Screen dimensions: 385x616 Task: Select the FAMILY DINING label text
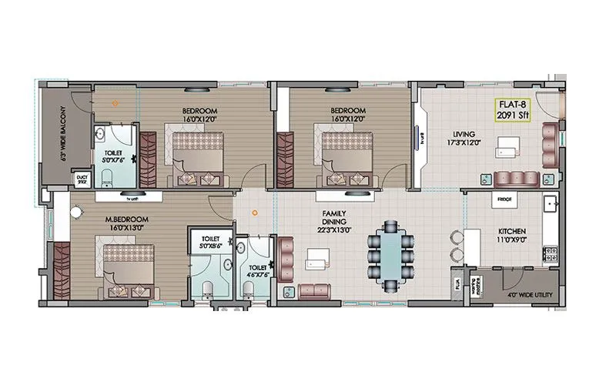click(x=333, y=219)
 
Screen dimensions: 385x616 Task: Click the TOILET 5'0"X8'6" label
click(x=210, y=244)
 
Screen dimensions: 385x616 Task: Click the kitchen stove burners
click(x=551, y=253)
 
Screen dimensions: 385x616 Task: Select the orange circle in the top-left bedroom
click(x=115, y=102)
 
